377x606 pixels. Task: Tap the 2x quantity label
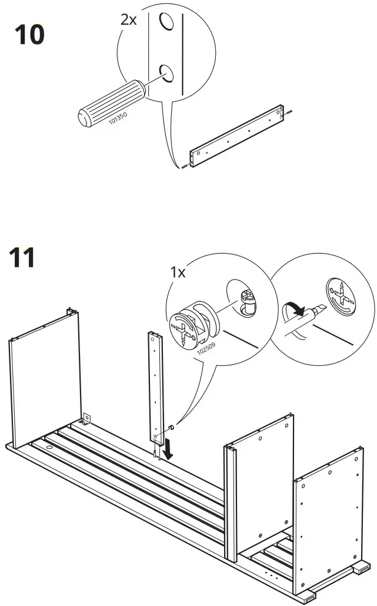pyautogui.click(x=128, y=19)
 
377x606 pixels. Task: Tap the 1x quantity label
pyautogui.click(x=178, y=272)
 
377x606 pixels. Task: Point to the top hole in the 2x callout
pyautogui.click(x=166, y=22)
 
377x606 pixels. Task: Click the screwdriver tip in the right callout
pyautogui.click(x=319, y=309)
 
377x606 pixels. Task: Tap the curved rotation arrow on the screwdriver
pyautogui.click(x=292, y=309)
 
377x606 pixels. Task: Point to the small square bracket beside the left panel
pyautogui.click(x=86, y=418)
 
